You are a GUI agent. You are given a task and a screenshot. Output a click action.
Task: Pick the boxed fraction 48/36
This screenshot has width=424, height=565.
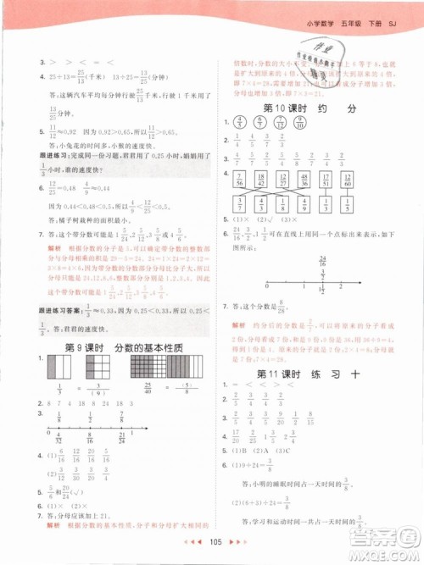[x=298, y=177]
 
